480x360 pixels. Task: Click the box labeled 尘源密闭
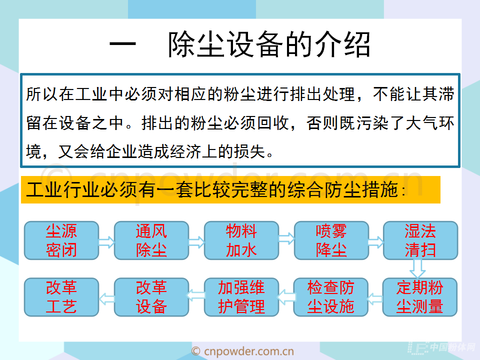click(61, 240)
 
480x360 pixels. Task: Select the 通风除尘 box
click(151, 240)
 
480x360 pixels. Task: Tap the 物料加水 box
click(241, 240)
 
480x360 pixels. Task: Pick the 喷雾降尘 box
click(331, 240)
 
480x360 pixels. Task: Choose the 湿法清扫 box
click(420, 240)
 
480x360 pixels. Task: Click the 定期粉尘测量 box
click(420, 297)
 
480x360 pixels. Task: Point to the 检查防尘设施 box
click(330, 297)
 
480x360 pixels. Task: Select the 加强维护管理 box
click(241, 297)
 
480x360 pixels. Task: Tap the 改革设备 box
click(151, 297)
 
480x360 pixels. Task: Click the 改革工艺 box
click(61, 297)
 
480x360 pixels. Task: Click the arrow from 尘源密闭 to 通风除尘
click(106, 242)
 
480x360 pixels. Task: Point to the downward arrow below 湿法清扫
click(417, 269)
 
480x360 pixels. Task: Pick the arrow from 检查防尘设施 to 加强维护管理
click(286, 297)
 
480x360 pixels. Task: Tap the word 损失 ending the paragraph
click(249, 151)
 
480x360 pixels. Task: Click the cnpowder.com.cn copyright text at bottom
click(242, 351)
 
